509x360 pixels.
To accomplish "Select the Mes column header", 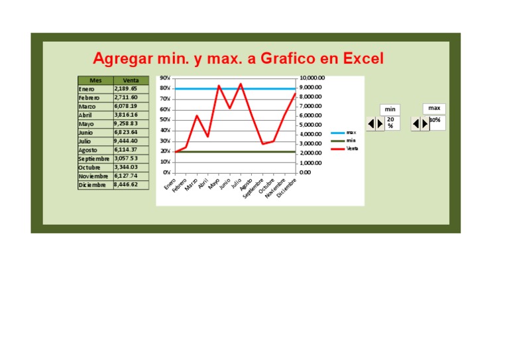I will [95, 80].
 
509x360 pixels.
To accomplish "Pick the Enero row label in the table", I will [87, 89].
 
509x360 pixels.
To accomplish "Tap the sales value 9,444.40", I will [126, 141].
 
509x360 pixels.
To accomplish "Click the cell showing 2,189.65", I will [126, 89].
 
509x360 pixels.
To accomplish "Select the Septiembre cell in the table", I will [93, 159].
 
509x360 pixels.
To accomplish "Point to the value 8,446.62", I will [126, 185].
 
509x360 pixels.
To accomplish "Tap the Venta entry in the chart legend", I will [352, 149].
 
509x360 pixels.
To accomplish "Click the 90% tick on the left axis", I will [165, 78].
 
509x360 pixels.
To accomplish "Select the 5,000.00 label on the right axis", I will [310, 125].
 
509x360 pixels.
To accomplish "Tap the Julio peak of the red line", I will [241, 84].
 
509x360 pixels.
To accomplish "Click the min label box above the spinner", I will [390, 109].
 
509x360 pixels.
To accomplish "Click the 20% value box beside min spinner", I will [392, 123].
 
